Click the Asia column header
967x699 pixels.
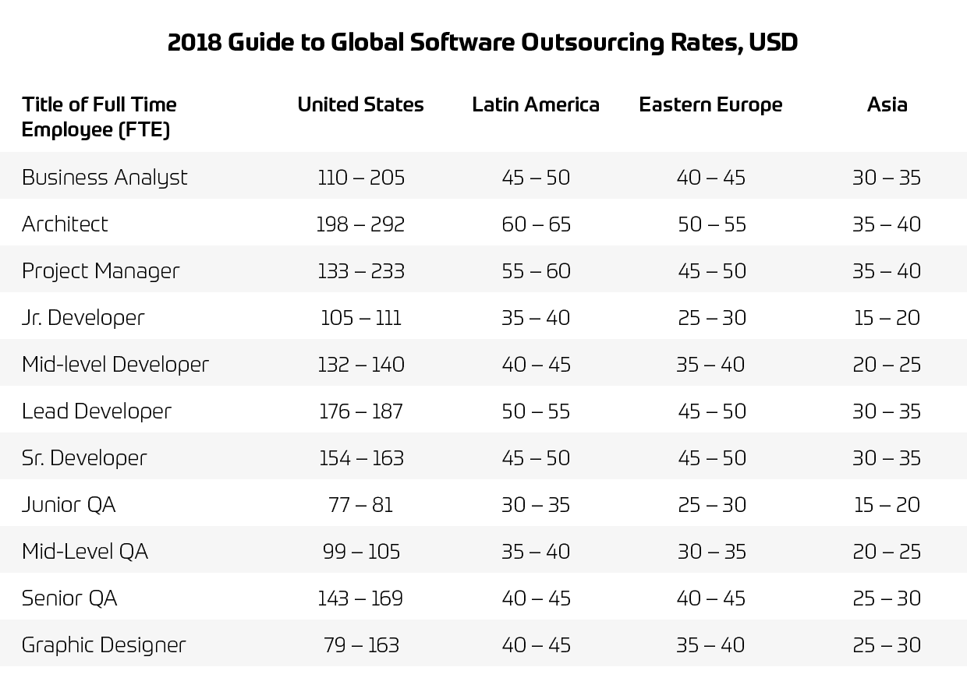tap(887, 104)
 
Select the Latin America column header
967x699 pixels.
tap(536, 104)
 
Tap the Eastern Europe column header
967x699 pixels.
tap(710, 104)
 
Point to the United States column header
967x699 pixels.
tap(360, 104)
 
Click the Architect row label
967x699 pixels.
tap(65, 224)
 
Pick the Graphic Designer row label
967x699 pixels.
tap(104, 645)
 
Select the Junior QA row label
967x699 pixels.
tap(69, 505)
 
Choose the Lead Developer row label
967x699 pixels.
tap(97, 411)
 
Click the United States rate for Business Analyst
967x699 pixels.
tap(361, 178)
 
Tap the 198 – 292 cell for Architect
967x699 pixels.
tap(360, 224)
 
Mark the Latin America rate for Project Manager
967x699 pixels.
tap(537, 271)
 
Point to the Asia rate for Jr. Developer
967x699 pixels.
tap(887, 318)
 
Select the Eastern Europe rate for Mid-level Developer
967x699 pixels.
tap(710, 365)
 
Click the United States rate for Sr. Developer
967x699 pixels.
tap(361, 458)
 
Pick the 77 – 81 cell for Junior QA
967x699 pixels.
tap(360, 505)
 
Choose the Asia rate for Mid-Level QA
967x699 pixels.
tap(887, 552)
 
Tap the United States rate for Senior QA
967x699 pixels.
tap(360, 598)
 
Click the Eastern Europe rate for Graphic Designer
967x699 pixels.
tap(710, 645)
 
